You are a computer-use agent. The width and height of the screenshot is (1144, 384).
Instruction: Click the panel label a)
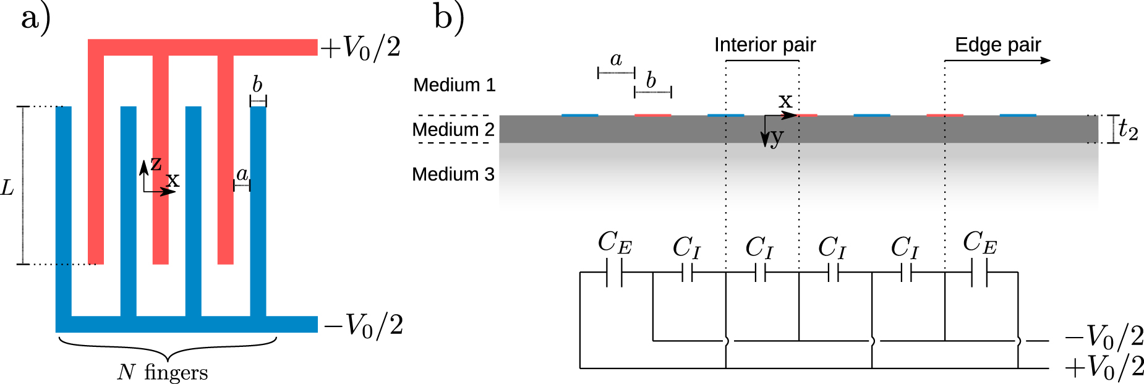click(x=35, y=18)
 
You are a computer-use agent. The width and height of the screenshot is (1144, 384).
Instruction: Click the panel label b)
click(x=448, y=18)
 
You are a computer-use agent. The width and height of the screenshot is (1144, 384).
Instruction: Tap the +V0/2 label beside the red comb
click(x=361, y=48)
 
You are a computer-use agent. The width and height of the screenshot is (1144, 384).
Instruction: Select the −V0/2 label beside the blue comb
click(x=364, y=325)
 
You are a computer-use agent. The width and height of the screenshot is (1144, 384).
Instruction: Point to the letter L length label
click(x=7, y=187)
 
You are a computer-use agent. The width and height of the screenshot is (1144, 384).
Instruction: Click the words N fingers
click(x=163, y=372)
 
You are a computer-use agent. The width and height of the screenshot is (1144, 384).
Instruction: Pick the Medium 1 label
click(x=454, y=85)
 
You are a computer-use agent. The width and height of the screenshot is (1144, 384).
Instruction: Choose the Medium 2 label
click(x=453, y=130)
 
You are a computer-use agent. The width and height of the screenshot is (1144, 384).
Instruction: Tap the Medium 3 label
click(x=453, y=174)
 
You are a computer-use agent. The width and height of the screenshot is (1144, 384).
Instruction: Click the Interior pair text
click(x=765, y=45)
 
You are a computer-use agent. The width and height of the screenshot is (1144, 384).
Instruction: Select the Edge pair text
click(x=997, y=45)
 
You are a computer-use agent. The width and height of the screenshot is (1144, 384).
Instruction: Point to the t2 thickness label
click(x=1128, y=130)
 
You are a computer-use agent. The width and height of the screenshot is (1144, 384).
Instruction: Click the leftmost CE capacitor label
click(x=615, y=242)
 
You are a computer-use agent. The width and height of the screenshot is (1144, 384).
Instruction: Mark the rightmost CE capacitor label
click(x=980, y=242)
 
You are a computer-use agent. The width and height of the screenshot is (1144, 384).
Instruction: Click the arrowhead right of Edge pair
click(x=1046, y=60)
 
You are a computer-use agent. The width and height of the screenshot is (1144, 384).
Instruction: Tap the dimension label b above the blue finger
click(x=257, y=84)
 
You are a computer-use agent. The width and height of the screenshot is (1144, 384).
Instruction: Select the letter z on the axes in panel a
click(x=156, y=163)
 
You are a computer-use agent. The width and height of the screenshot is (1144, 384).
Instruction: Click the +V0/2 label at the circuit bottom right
click(x=1104, y=367)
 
